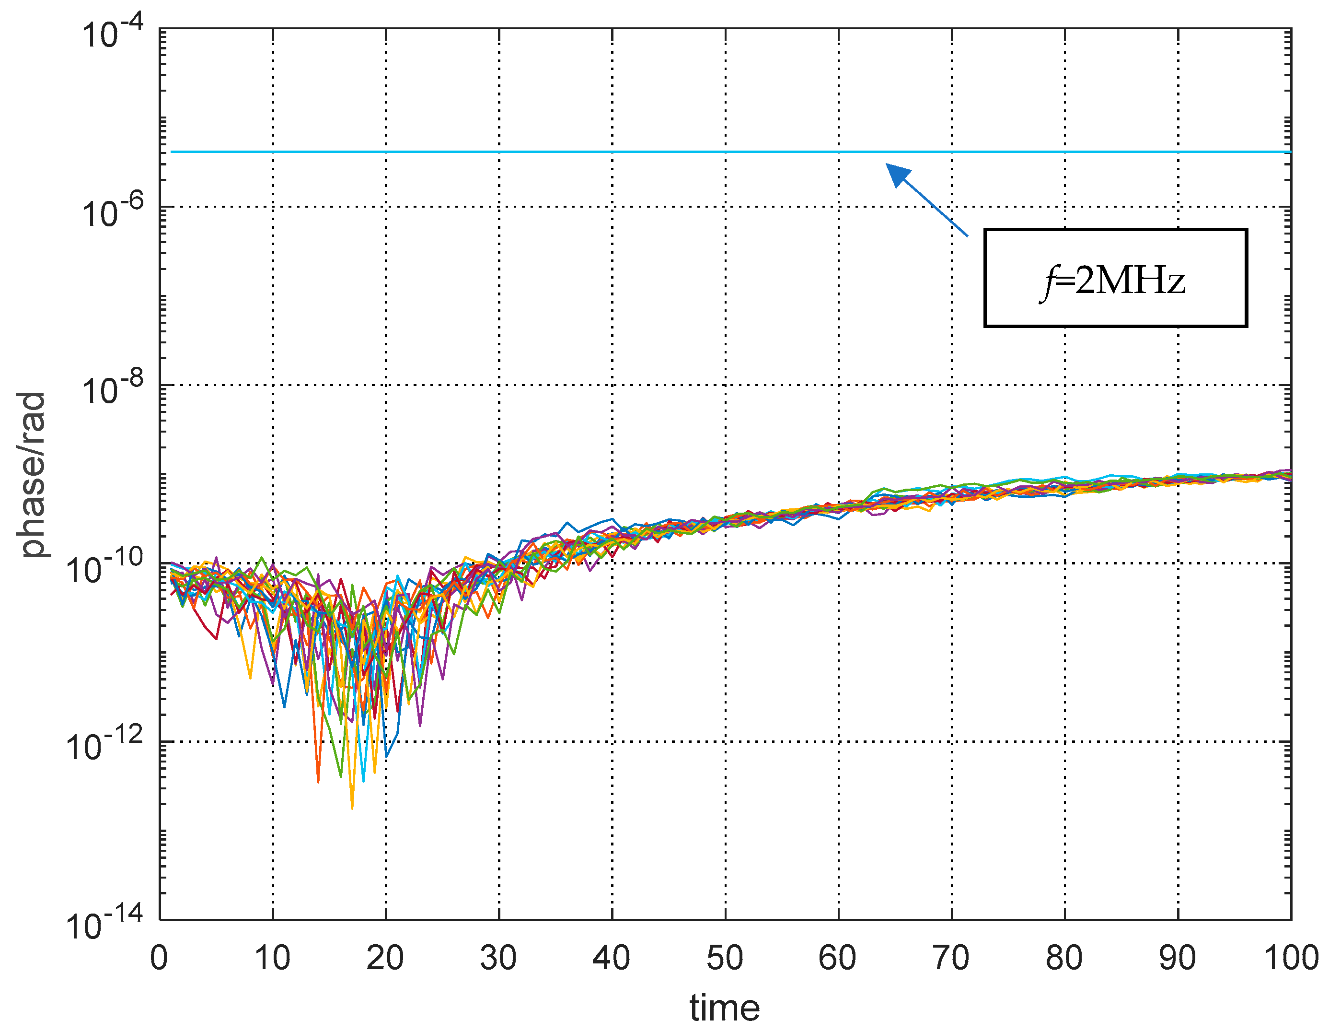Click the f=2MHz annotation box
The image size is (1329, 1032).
(1115, 278)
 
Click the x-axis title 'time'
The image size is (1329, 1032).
(724, 1008)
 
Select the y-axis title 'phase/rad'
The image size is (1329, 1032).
(32, 475)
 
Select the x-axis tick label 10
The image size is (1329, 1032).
(272, 958)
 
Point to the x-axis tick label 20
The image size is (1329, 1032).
(385, 958)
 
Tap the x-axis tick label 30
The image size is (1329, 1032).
(498, 958)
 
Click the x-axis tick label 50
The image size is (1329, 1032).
(725, 958)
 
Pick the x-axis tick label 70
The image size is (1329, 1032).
(951, 958)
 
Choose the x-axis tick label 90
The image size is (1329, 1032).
(1178, 958)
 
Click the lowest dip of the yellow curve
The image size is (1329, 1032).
(352, 808)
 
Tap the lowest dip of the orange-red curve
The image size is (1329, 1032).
(318, 782)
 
